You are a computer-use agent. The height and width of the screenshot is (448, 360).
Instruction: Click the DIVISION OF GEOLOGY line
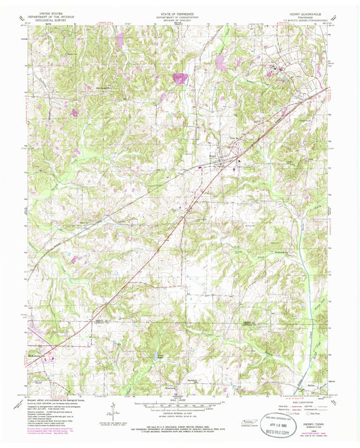(x=179, y=20)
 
